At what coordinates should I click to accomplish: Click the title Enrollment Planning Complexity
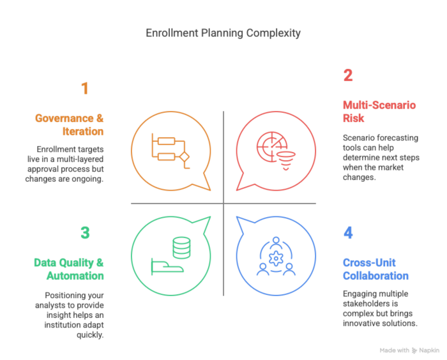(x=223, y=33)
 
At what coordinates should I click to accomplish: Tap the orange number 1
(x=84, y=88)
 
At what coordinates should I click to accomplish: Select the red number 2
(x=348, y=75)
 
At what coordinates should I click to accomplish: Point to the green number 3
(x=85, y=232)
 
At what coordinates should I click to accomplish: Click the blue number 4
(x=348, y=232)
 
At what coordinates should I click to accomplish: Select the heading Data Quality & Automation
(x=69, y=269)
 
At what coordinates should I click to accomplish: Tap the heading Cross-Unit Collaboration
(x=375, y=269)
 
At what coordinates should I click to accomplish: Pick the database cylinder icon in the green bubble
(x=182, y=247)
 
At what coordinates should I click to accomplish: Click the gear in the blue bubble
(x=276, y=259)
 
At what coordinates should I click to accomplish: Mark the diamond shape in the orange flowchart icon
(x=185, y=156)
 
